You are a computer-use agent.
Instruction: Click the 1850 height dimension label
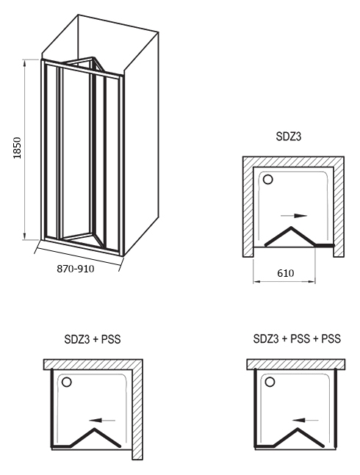pos(18,148)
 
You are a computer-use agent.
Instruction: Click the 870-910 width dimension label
pos(76,269)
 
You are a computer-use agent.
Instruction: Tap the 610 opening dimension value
pos(286,273)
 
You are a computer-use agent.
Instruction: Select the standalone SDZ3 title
pos(289,137)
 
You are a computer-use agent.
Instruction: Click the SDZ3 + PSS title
pos(93,339)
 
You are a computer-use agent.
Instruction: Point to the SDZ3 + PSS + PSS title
pos(297,338)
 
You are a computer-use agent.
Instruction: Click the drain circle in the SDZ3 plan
pos(268,180)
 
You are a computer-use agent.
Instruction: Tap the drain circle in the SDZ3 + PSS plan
pos(66,382)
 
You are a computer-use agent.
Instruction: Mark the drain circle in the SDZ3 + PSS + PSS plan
pos(270,382)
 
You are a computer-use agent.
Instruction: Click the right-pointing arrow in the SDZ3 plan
pos(294,216)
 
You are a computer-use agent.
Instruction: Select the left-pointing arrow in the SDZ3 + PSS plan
pos(102,421)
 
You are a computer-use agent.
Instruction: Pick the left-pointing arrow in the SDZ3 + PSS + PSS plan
pos(306,421)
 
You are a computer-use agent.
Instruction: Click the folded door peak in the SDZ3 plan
pos(291,227)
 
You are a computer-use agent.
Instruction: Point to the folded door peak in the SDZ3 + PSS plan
pos(95,429)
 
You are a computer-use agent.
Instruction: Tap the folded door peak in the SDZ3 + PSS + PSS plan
pos(298,429)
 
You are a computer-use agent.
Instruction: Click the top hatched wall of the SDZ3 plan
pos(293,162)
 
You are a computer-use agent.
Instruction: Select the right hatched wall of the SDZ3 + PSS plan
pos(137,414)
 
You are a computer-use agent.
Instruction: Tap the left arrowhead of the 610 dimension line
pos(256,282)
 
